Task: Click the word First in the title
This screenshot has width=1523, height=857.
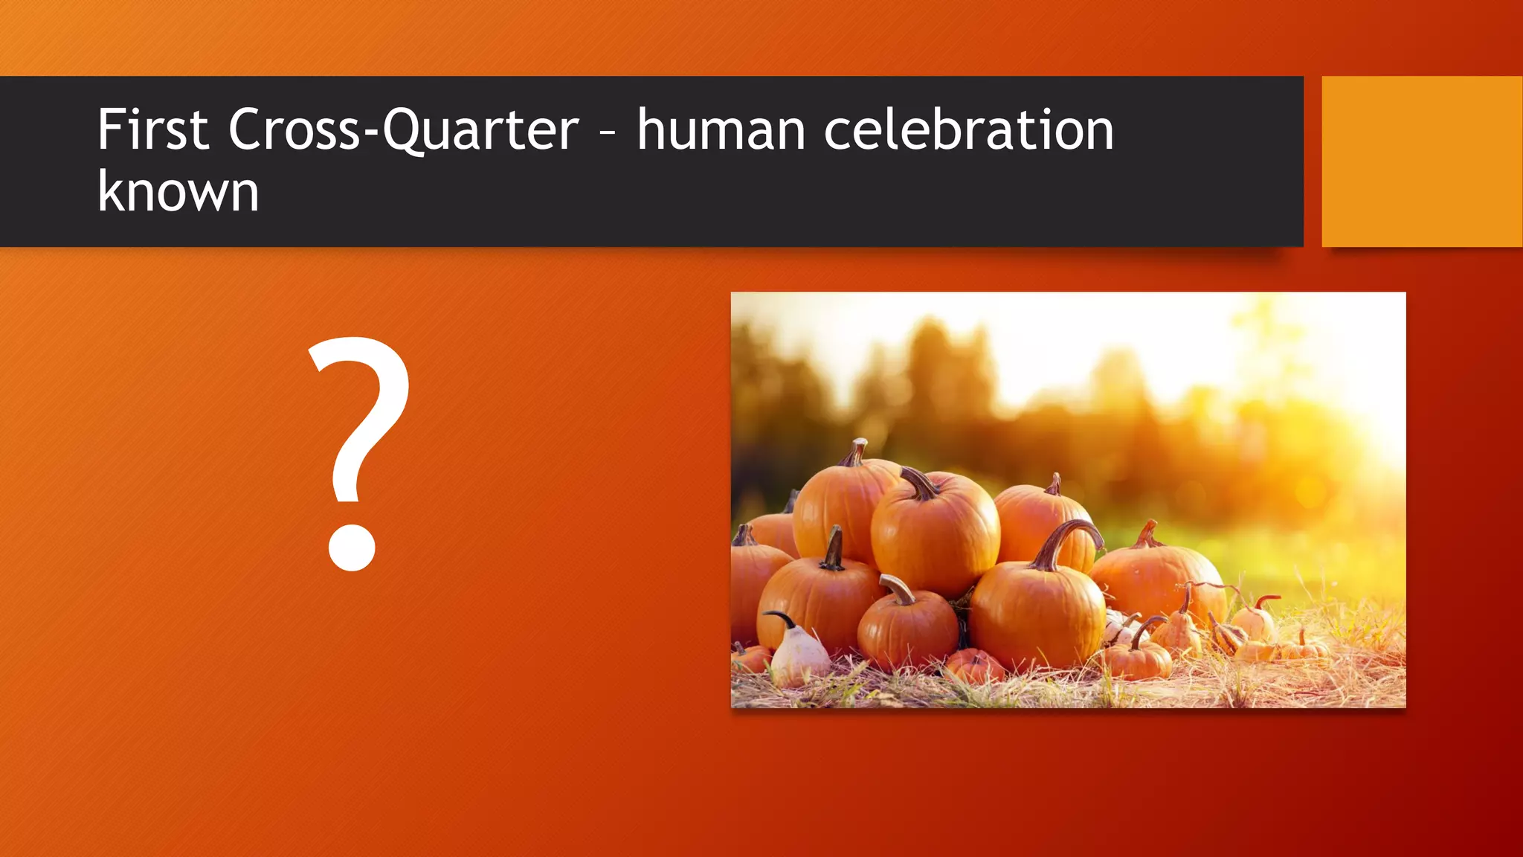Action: pyautogui.click(x=152, y=130)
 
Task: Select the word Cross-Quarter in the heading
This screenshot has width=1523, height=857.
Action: pyautogui.click(x=403, y=130)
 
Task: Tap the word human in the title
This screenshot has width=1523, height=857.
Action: pyautogui.click(x=721, y=130)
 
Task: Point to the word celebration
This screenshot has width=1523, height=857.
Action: pyautogui.click(x=968, y=130)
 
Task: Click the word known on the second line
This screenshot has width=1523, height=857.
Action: pyautogui.click(x=178, y=192)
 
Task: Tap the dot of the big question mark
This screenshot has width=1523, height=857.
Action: pyautogui.click(x=352, y=548)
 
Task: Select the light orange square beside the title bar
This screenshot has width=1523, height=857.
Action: pyautogui.click(x=1421, y=161)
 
